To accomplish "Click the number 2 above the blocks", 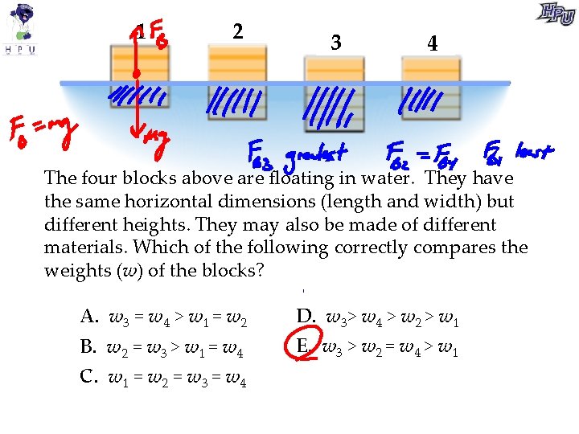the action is [x=236, y=31].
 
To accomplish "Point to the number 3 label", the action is [x=335, y=43].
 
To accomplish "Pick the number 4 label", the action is [x=433, y=43].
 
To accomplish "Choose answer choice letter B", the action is [x=88, y=348].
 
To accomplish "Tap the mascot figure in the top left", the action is [x=22, y=23].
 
